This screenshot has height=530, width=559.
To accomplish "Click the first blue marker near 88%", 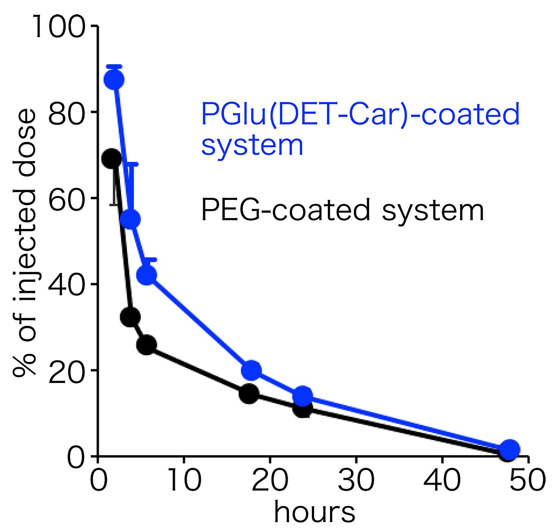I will click(114, 80).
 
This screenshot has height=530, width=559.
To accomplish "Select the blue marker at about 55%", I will click(130, 219).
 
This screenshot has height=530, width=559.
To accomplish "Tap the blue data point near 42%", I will click(147, 275).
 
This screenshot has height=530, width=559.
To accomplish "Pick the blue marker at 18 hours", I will click(252, 370).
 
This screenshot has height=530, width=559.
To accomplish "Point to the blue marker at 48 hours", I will click(510, 449).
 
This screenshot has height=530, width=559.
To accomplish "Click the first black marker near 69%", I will click(111, 158).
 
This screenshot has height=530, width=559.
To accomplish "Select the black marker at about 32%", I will click(130, 316).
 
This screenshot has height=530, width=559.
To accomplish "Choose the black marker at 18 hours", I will click(249, 393).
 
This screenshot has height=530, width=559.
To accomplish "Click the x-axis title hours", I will click(315, 512).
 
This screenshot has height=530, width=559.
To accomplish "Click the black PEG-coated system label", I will click(342, 210).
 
